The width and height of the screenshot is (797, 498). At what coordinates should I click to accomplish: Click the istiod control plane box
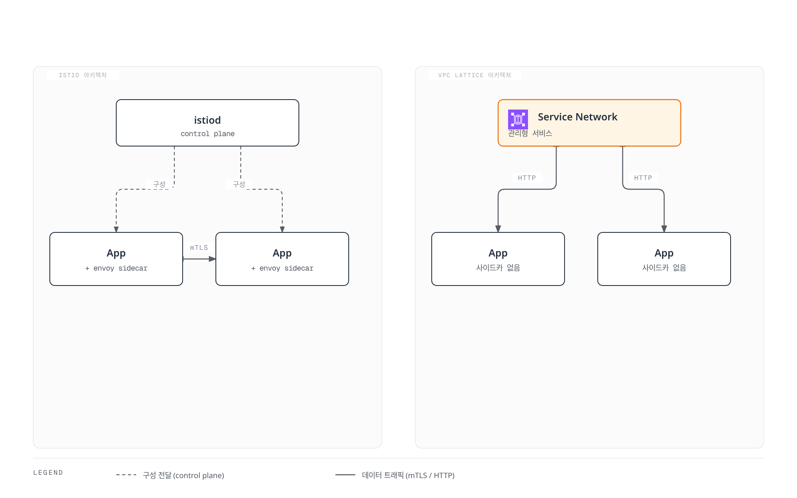coord(208,123)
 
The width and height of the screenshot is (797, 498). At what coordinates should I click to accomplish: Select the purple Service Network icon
coord(518,120)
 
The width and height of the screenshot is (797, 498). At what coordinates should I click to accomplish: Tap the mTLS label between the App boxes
coord(199,248)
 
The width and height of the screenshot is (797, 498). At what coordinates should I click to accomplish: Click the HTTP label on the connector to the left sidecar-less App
coord(527,178)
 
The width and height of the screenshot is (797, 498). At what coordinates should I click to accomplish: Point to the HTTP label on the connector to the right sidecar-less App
coord(643,178)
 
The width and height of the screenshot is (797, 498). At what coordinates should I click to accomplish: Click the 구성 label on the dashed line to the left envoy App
coord(159,184)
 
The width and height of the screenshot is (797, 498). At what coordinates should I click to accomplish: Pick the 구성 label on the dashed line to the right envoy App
coord(239,184)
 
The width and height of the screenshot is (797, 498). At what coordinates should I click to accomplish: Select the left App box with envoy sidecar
coord(116,259)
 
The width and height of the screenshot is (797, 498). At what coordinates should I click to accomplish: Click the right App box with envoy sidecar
coord(282,259)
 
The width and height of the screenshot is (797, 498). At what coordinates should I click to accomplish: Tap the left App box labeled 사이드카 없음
coord(498,259)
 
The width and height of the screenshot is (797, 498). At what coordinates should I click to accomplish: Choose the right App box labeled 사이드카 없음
coord(664,259)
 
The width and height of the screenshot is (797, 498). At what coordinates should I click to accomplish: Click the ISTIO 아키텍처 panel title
coord(83,75)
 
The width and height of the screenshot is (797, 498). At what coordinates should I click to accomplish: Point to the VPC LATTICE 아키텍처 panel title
coord(475,75)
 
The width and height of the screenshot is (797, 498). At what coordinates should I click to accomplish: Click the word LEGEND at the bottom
coord(48,473)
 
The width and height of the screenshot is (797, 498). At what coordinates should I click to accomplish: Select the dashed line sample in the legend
coord(126,475)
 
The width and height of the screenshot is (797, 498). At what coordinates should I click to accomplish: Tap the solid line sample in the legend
coord(345,475)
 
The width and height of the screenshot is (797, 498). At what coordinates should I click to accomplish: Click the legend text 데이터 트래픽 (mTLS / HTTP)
coord(408,475)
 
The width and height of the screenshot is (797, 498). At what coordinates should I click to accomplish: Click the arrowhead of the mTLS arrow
coord(212,259)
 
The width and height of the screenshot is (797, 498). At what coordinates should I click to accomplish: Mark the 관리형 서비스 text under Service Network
coord(530,133)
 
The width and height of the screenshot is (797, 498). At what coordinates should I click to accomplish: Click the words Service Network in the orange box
coord(578,117)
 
